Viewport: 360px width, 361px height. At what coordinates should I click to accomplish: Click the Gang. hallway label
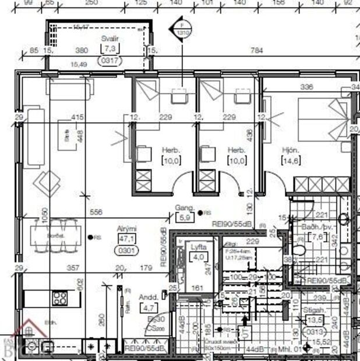pyautogui.click(x=184, y=208)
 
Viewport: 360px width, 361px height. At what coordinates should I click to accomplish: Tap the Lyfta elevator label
pyautogui.click(x=198, y=247)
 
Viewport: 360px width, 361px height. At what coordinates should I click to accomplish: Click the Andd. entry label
pyautogui.click(x=147, y=296)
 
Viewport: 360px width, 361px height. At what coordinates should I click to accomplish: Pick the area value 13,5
pyautogui.click(x=315, y=321)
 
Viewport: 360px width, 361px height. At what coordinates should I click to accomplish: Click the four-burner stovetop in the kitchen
pyautogui.click(x=59, y=299)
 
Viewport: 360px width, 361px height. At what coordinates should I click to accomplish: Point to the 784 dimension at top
pyautogui.click(x=257, y=51)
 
